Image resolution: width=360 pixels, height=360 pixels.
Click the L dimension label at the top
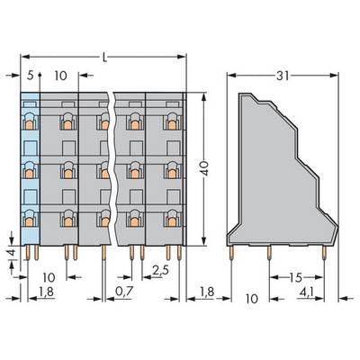[104, 57]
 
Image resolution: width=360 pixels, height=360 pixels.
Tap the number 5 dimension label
[30, 76]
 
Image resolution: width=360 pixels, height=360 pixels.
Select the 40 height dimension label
[204, 168]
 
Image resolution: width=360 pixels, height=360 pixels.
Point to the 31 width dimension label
[283, 76]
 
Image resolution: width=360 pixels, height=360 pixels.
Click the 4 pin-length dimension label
[12, 253]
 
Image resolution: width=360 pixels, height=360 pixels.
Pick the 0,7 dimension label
[124, 292]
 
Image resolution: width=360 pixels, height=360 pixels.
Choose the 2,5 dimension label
[160, 271]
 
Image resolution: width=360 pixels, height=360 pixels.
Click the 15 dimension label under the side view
[295, 277]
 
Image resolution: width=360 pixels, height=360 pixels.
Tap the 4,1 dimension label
[306, 292]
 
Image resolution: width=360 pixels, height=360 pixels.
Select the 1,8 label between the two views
[207, 292]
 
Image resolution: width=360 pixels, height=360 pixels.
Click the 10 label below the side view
[251, 299]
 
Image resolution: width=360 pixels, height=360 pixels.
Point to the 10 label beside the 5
[60, 76]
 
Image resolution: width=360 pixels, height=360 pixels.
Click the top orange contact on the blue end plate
[30, 124]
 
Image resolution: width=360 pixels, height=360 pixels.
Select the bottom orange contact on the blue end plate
[30, 221]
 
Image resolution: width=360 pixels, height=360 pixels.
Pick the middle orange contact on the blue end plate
[30, 173]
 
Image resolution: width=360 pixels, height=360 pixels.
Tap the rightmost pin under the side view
[324, 253]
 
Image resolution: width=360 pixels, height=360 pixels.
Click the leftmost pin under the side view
[231, 253]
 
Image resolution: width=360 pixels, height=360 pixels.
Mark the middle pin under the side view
[269, 253]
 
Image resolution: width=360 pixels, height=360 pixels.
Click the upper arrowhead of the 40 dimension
[203, 97]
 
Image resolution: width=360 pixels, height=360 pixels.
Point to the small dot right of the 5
[40, 75]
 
